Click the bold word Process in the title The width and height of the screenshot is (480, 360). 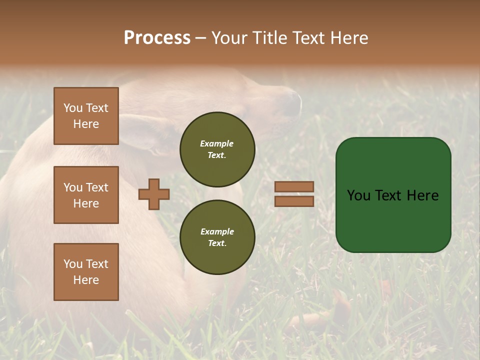(157, 38)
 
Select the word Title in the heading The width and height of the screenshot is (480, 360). (269, 38)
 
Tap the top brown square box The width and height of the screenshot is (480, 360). (86, 116)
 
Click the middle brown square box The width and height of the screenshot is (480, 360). (86, 195)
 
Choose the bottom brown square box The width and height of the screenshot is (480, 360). (86, 272)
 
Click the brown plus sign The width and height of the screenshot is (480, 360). (154, 194)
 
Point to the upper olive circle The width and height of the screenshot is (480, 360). (217, 149)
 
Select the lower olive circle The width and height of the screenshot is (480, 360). (217, 237)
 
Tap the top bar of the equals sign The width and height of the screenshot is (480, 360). (294, 186)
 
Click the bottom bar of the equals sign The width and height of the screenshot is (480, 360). (294, 201)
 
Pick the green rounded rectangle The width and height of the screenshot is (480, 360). (393, 220)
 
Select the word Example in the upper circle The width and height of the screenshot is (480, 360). (217, 143)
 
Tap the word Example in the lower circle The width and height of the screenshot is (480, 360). (217, 231)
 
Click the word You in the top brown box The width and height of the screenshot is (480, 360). (73, 108)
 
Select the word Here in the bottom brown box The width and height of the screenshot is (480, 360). (86, 280)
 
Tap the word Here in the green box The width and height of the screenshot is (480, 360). (423, 195)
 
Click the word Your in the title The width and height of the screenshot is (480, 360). (229, 38)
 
